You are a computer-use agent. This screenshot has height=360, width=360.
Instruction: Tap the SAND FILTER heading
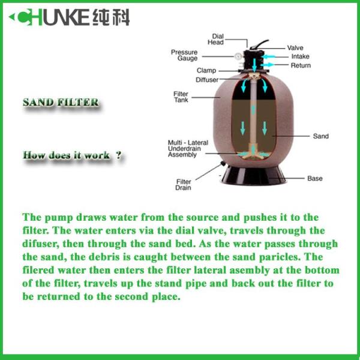coord(61,103)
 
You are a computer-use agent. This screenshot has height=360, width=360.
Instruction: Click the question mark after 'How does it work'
coord(118,155)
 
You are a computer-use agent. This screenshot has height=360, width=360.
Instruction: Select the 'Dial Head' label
coord(215,39)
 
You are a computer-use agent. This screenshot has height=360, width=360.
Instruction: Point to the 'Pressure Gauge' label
coord(184,55)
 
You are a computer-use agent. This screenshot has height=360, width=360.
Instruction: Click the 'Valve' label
coord(295,48)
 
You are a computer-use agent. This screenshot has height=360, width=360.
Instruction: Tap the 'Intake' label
coord(301,56)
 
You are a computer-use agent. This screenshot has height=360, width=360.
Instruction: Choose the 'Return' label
coord(301,65)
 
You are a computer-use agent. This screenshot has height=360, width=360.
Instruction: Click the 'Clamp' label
coord(206,70)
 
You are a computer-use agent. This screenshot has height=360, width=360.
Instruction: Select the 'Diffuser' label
coord(207,80)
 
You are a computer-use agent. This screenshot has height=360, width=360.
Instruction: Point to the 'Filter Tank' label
coord(181,97)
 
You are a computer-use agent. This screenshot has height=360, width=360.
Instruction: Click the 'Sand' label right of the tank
coord(321,136)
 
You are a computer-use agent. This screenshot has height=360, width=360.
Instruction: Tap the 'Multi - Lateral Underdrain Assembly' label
coord(188,149)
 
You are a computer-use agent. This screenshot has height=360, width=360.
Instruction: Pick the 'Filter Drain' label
coord(183,185)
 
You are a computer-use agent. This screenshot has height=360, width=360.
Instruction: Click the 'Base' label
coord(315,178)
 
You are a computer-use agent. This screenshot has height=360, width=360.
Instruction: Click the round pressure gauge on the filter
coord(238,56)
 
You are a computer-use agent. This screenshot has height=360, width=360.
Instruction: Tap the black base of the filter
coord(253,176)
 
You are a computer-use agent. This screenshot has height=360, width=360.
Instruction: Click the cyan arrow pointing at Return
coord(268,65)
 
